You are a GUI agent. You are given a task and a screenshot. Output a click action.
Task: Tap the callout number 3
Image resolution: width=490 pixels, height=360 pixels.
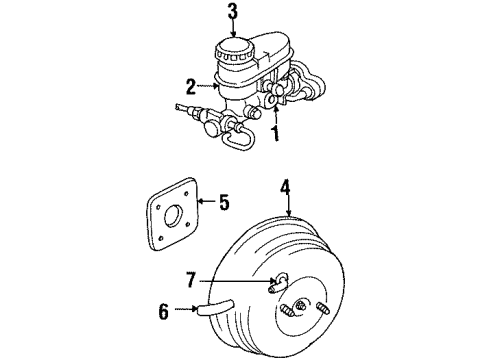pos(233,13)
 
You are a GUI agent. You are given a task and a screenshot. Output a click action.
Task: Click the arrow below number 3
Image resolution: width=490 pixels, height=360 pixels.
pos(233,30)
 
